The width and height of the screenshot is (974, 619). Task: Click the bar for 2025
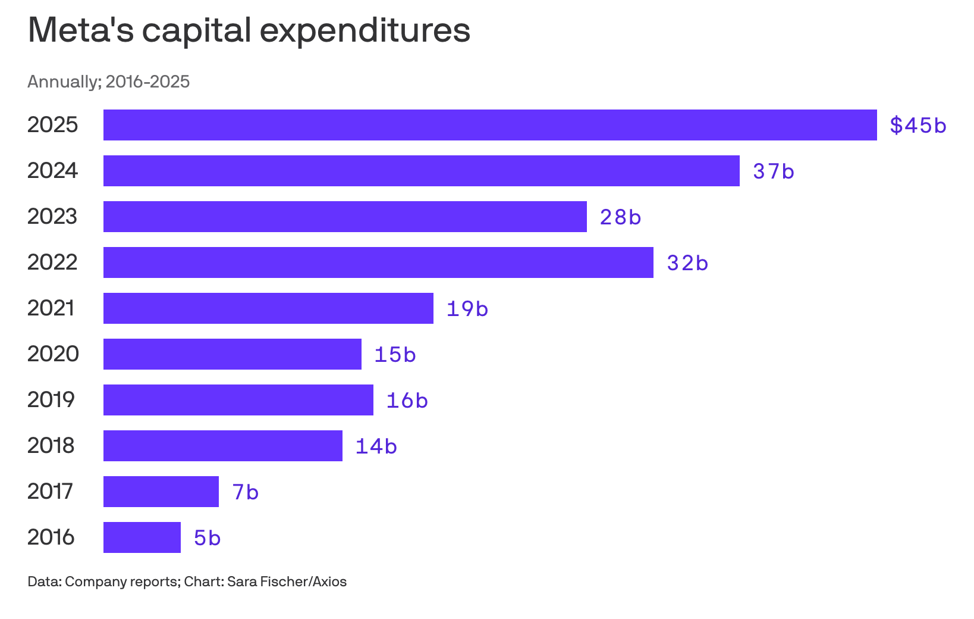[490, 125]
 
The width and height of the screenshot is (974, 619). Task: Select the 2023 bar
[345, 216]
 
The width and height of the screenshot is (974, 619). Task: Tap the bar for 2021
[268, 308]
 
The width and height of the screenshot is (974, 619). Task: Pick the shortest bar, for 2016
[142, 537]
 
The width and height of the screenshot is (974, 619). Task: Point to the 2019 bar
[238, 399]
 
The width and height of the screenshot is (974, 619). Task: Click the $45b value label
[918, 126]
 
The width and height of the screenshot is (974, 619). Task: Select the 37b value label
[774, 171]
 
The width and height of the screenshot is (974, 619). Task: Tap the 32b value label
[687, 263]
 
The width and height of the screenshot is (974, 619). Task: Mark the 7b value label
[246, 492]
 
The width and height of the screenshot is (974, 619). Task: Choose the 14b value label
[376, 446]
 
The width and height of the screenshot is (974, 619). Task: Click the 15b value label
[395, 354]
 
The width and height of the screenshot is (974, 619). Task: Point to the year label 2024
[52, 170]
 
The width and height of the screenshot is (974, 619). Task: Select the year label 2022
[52, 262]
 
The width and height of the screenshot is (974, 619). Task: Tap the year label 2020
[53, 354]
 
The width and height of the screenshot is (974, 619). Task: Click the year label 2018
[51, 445]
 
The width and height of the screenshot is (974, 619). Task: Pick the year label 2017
[50, 491]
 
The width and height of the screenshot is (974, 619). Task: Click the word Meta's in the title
[81, 30]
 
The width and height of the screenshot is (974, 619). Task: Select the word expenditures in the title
[365, 30]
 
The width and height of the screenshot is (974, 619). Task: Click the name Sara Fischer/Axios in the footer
[287, 582]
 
